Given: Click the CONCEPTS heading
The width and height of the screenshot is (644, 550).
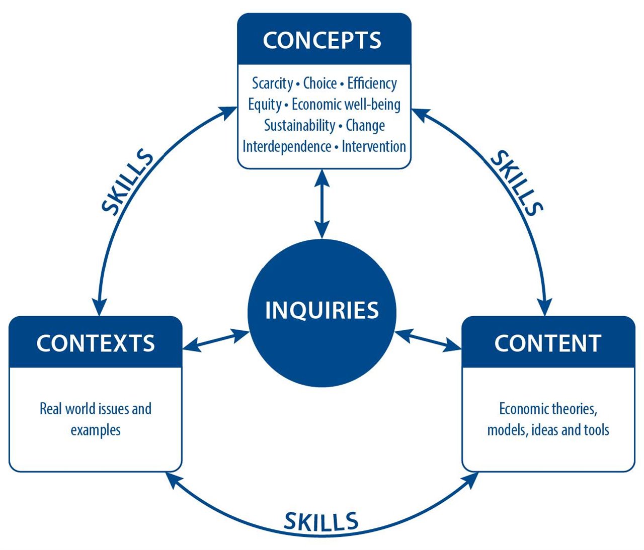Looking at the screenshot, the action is click(x=322, y=40).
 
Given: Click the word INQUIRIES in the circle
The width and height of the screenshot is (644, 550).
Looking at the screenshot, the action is click(x=322, y=310).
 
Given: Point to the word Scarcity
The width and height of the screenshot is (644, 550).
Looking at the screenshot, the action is click(x=272, y=84).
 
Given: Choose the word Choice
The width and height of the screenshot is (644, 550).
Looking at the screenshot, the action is click(x=320, y=83).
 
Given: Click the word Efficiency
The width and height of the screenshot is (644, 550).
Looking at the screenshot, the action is click(x=372, y=84).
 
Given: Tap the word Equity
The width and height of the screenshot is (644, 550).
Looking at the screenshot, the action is click(x=265, y=105).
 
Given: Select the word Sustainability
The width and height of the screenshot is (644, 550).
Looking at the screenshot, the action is click(x=299, y=126).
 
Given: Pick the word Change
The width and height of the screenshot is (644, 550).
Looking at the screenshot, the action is click(x=365, y=126).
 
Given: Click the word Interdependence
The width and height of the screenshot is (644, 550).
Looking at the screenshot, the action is click(x=287, y=147).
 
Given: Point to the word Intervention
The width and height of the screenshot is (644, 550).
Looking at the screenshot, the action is click(x=374, y=146).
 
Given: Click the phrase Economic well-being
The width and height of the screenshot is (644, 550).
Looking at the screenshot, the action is click(x=346, y=105).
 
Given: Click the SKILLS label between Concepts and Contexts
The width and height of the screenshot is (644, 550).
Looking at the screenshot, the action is click(x=127, y=182).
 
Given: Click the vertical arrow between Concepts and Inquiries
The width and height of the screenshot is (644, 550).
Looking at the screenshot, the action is click(x=322, y=204).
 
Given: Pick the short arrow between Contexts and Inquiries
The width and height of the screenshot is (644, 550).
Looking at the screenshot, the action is click(x=216, y=340).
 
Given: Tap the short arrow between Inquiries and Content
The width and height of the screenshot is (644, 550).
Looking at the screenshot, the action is click(x=428, y=340).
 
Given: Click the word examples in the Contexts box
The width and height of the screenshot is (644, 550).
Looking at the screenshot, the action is click(x=95, y=430).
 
